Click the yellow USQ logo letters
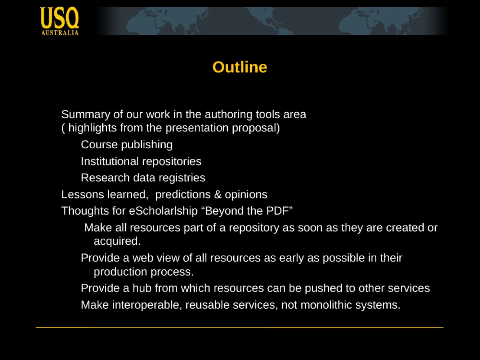59,18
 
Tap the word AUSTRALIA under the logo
60,33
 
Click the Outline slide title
240,67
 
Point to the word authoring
229,114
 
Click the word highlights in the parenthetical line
93,128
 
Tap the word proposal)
256,128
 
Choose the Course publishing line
127,145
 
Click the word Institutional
110,161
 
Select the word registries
182,178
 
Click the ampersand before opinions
218,194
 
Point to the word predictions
183,195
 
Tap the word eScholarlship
163,211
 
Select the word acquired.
117,242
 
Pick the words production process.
144,272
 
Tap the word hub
142,288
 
